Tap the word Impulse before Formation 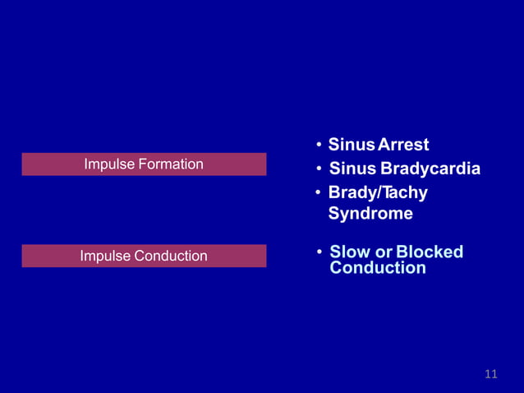coord(109,164)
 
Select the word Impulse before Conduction coord(104,257)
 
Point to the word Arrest coord(402,146)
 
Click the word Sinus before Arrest coord(352,146)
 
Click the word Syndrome coord(370,214)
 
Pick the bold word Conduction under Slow coord(378,268)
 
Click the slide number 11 coord(491,375)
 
